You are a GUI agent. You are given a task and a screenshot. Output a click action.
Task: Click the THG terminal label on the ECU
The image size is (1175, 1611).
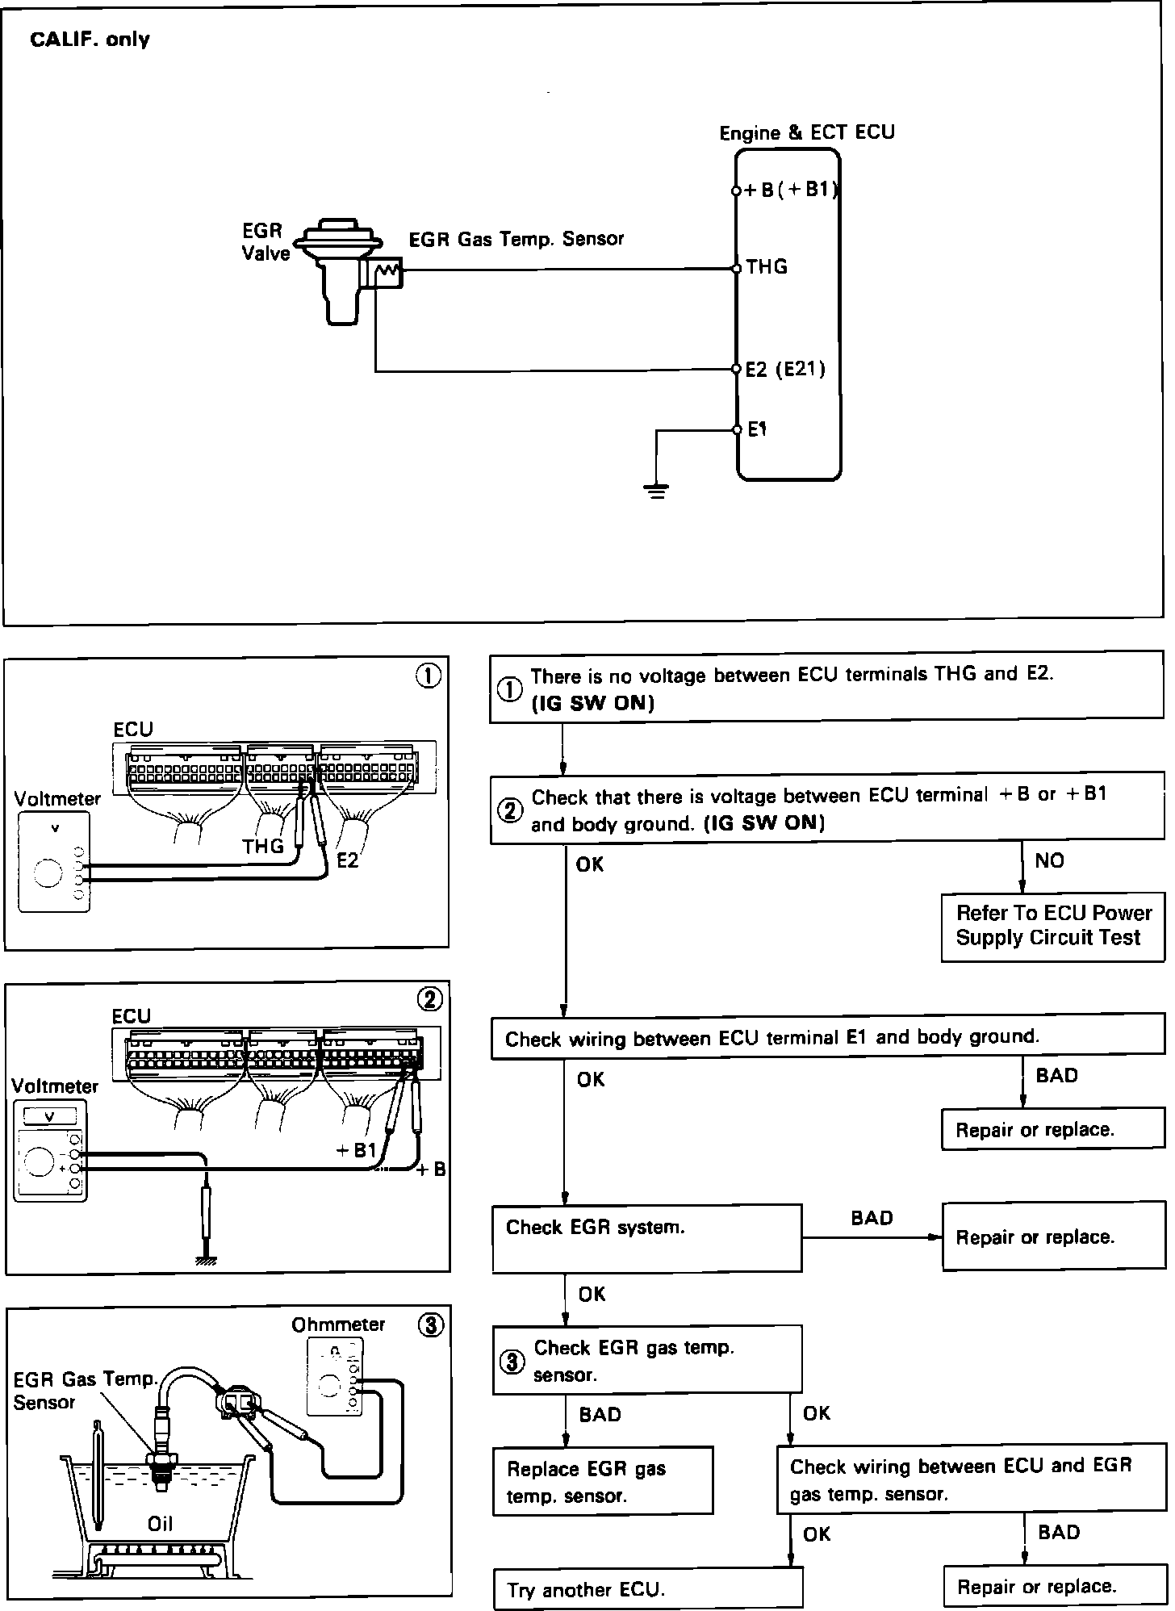[767, 267]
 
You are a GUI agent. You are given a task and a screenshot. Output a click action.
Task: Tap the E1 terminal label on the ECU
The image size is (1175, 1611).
[757, 429]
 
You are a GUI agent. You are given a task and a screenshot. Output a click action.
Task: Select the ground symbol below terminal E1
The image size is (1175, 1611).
[657, 490]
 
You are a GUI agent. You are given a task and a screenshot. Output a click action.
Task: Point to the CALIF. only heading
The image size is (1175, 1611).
[90, 40]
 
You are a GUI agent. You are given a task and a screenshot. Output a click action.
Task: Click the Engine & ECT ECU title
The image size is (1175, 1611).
[807, 132]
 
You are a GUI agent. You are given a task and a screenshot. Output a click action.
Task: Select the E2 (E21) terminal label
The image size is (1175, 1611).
[785, 370]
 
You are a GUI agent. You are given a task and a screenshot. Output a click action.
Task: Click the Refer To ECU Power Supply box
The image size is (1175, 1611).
[1052, 926]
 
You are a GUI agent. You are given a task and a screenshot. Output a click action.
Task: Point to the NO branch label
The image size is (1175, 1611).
[1049, 860]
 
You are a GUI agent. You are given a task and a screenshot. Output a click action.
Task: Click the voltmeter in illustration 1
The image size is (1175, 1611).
[54, 862]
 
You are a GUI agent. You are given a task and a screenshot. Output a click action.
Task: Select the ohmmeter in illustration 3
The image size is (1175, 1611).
[335, 1377]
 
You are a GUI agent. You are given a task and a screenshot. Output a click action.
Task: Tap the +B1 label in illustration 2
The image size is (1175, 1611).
[356, 1150]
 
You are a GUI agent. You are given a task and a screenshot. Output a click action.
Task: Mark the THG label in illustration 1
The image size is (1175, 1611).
[263, 846]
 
